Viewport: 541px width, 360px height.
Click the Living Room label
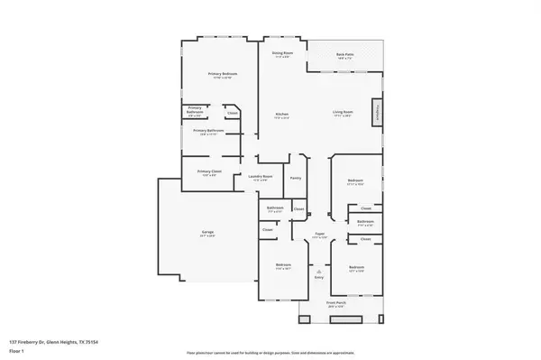point(343,115)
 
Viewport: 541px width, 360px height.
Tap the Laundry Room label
point(261,178)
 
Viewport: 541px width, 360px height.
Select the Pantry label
point(295,178)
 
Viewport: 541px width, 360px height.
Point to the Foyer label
point(319,236)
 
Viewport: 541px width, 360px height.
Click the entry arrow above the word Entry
point(318,270)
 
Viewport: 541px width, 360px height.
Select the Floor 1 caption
point(16,349)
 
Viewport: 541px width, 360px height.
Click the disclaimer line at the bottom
point(270,353)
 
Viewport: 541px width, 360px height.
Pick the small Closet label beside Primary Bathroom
point(232,113)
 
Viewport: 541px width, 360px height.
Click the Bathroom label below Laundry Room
point(275,210)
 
